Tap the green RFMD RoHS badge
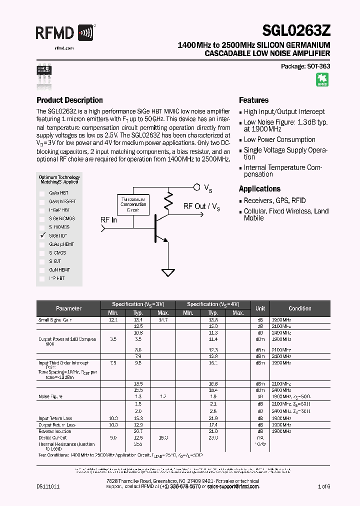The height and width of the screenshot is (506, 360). click(322, 80)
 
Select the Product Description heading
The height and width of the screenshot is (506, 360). click(69, 100)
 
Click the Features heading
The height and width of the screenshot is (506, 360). click(253, 100)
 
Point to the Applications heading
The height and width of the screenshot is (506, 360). click(259, 188)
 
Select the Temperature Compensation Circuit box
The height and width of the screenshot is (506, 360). click(133, 204)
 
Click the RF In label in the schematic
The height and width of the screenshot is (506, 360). click(108, 220)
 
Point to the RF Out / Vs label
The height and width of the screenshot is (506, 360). click(201, 206)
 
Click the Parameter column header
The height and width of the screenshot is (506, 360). click(68, 308)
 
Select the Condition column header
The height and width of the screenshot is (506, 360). click(299, 308)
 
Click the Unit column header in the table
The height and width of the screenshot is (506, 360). click(260, 308)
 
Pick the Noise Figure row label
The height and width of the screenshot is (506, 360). click(50, 396)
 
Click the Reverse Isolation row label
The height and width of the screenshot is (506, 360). click(55, 431)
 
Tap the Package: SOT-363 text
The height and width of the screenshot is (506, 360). click(305, 66)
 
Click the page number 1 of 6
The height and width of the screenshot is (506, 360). click(323, 486)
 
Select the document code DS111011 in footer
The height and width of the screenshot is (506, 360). click(48, 486)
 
